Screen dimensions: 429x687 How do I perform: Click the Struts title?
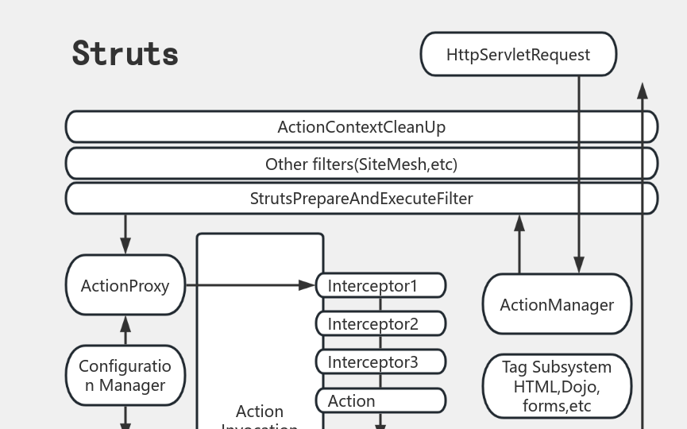(125, 53)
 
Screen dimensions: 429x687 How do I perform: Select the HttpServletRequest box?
(518, 55)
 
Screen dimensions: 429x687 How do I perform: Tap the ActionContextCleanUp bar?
(361, 127)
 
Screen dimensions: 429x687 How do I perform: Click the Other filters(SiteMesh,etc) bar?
(361, 164)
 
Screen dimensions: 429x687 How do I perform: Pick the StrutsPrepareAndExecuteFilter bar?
(361, 199)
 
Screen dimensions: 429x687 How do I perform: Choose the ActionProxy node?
(125, 285)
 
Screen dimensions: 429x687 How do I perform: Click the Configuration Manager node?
(125, 376)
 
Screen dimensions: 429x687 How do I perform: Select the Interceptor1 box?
(380, 285)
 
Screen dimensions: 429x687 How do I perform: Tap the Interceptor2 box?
(380, 324)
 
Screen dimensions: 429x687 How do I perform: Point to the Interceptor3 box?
(380, 362)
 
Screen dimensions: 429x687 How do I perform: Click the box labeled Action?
(380, 401)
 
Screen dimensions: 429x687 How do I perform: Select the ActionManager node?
(556, 304)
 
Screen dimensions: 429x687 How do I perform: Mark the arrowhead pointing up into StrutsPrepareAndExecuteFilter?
(519, 223)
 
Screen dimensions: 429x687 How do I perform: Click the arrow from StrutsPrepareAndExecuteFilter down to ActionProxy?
(125, 234)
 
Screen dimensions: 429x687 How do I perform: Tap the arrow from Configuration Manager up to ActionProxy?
(125, 330)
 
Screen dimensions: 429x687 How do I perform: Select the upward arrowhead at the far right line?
(643, 91)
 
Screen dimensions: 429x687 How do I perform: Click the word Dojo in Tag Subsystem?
(582, 387)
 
